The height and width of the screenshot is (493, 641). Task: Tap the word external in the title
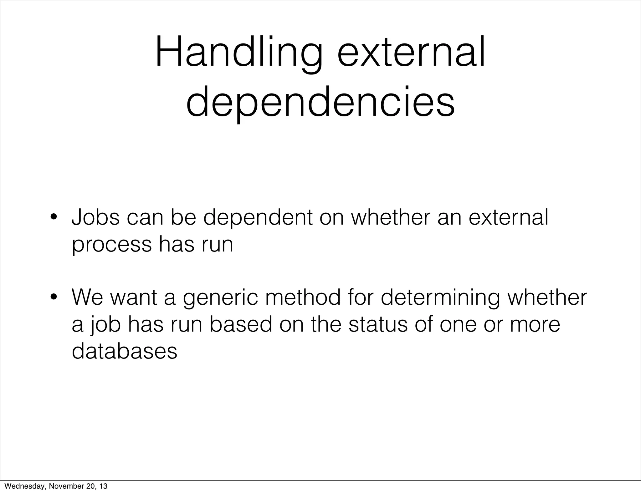tap(411, 53)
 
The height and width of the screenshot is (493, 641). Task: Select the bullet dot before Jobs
tap(54, 217)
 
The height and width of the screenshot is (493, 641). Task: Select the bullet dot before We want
tap(54, 297)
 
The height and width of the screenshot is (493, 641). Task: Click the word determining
tap(440, 297)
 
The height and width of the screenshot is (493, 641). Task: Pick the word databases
tap(124, 351)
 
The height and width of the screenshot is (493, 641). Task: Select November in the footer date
tap(65, 486)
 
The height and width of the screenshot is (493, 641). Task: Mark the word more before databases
tap(535, 324)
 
